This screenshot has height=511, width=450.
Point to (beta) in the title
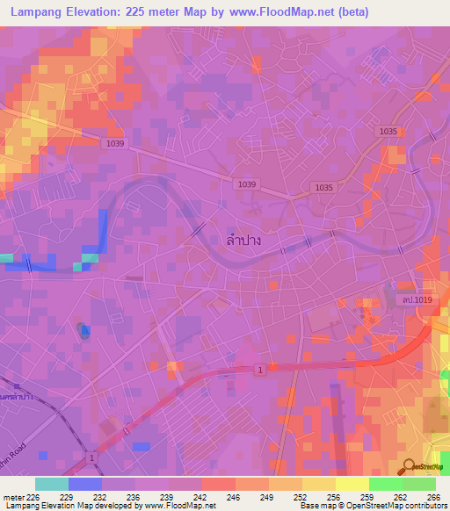[350, 12]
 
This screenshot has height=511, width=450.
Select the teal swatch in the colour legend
[52, 484]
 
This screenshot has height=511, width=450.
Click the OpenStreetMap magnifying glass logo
[410, 468]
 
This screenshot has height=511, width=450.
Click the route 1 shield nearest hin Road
[91, 458]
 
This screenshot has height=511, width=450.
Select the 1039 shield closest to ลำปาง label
[247, 184]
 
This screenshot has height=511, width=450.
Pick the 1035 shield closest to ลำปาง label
[324, 188]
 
